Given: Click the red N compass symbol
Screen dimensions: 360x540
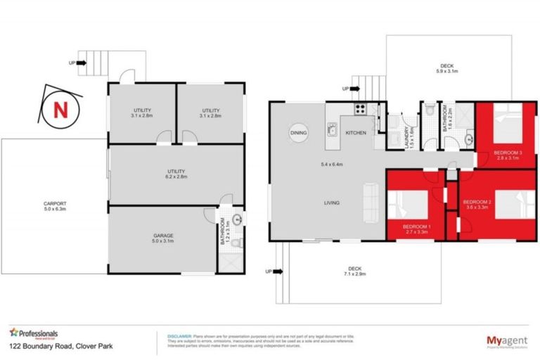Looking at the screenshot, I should click(60, 110).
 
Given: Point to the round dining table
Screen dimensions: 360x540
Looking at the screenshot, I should click(298, 132).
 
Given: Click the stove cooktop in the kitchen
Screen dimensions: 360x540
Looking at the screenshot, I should click(359, 109).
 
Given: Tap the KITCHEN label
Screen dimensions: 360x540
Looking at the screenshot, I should click(355, 132).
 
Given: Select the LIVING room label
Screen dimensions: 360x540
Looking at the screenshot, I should click(333, 203).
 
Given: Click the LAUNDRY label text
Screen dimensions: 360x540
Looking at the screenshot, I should click(409, 134).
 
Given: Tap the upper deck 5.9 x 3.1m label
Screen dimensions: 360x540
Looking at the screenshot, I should click(447, 67).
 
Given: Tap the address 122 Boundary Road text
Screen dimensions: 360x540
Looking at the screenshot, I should click(52, 347).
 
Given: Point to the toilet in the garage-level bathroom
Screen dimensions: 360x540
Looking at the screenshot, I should click(238, 244).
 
